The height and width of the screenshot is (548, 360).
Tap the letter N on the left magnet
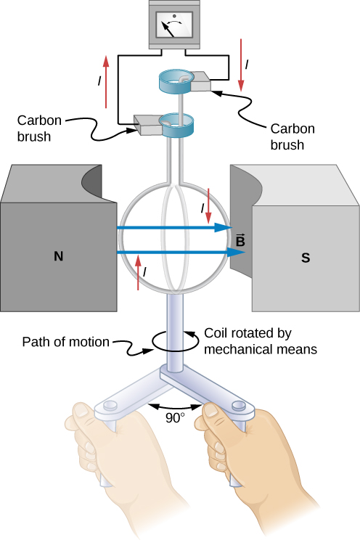tap(58, 255)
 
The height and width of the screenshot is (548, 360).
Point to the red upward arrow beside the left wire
tap(107, 81)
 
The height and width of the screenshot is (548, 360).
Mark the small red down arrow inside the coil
tap(209, 206)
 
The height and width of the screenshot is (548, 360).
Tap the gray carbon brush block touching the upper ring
tap(201, 84)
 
